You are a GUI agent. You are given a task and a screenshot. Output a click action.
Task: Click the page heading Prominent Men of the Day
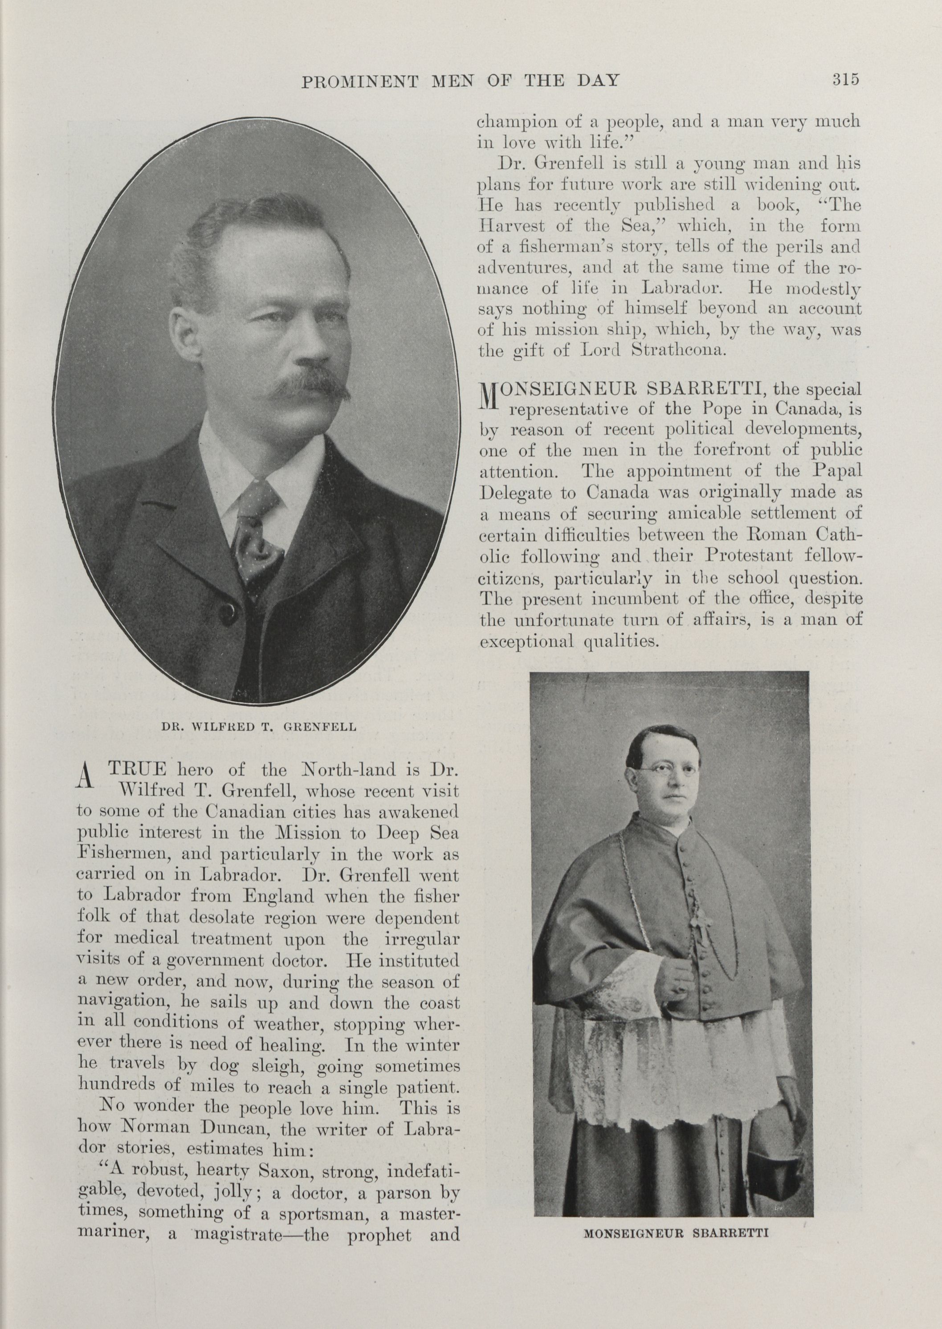[x=460, y=81]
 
